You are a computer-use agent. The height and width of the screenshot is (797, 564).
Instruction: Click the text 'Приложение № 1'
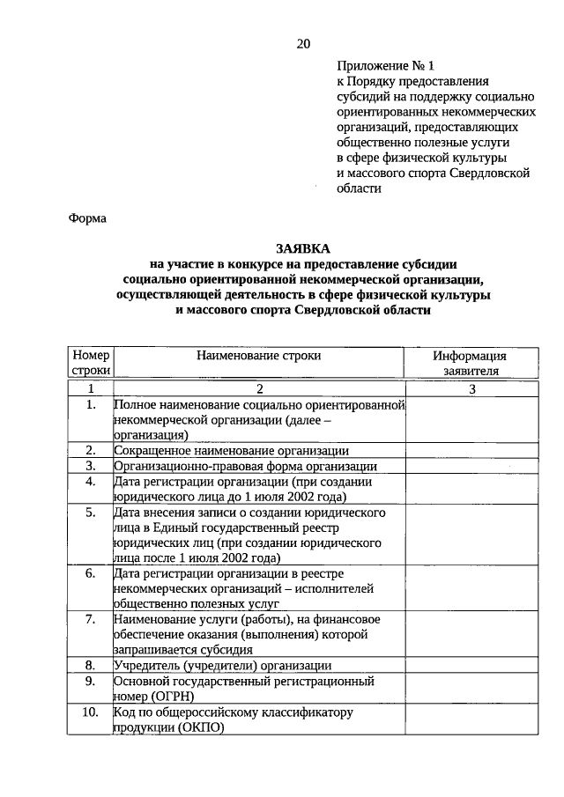pyautogui.click(x=385, y=65)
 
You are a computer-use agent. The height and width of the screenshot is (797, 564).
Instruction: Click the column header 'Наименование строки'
pyautogui.click(x=259, y=356)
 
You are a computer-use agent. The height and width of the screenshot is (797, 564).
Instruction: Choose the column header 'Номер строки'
pyautogui.click(x=90, y=364)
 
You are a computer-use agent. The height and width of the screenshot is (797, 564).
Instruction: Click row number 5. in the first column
pyautogui.click(x=90, y=512)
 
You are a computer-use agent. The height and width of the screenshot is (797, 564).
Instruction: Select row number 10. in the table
pyautogui.click(x=90, y=712)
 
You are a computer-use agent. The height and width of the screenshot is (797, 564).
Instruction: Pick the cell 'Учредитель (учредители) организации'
pyautogui.click(x=223, y=665)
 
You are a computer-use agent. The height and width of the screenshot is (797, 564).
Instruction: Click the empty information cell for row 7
pyautogui.click(x=470, y=634)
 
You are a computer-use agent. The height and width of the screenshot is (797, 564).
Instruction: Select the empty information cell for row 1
pyautogui.click(x=470, y=419)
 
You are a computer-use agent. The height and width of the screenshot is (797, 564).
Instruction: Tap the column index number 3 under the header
pyautogui.click(x=471, y=388)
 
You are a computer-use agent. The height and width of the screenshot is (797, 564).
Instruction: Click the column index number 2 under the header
pyautogui.click(x=259, y=388)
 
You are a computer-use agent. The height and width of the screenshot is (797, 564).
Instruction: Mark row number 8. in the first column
pyautogui.click(x=90, y=665)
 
